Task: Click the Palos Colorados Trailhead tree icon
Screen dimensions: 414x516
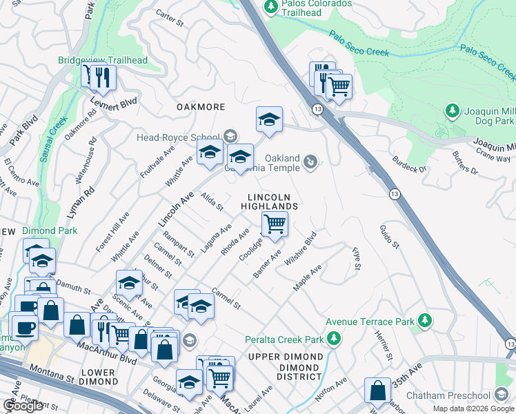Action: point(271,6)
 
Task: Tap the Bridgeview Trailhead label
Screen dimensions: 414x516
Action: point(103,61)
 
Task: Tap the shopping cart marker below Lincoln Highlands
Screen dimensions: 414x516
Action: point(275,224)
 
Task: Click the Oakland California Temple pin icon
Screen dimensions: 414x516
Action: point(311,161)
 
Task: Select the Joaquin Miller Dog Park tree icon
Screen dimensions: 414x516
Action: point(453,110)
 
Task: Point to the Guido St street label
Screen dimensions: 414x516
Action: point(388,236)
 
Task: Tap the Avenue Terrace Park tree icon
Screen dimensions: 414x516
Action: point(426,320)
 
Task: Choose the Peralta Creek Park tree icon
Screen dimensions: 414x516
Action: point(335,338)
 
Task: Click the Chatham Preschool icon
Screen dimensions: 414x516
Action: point(502,395)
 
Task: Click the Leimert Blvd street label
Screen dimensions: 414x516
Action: point(114,104)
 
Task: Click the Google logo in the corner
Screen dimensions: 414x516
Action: point(23,406)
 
